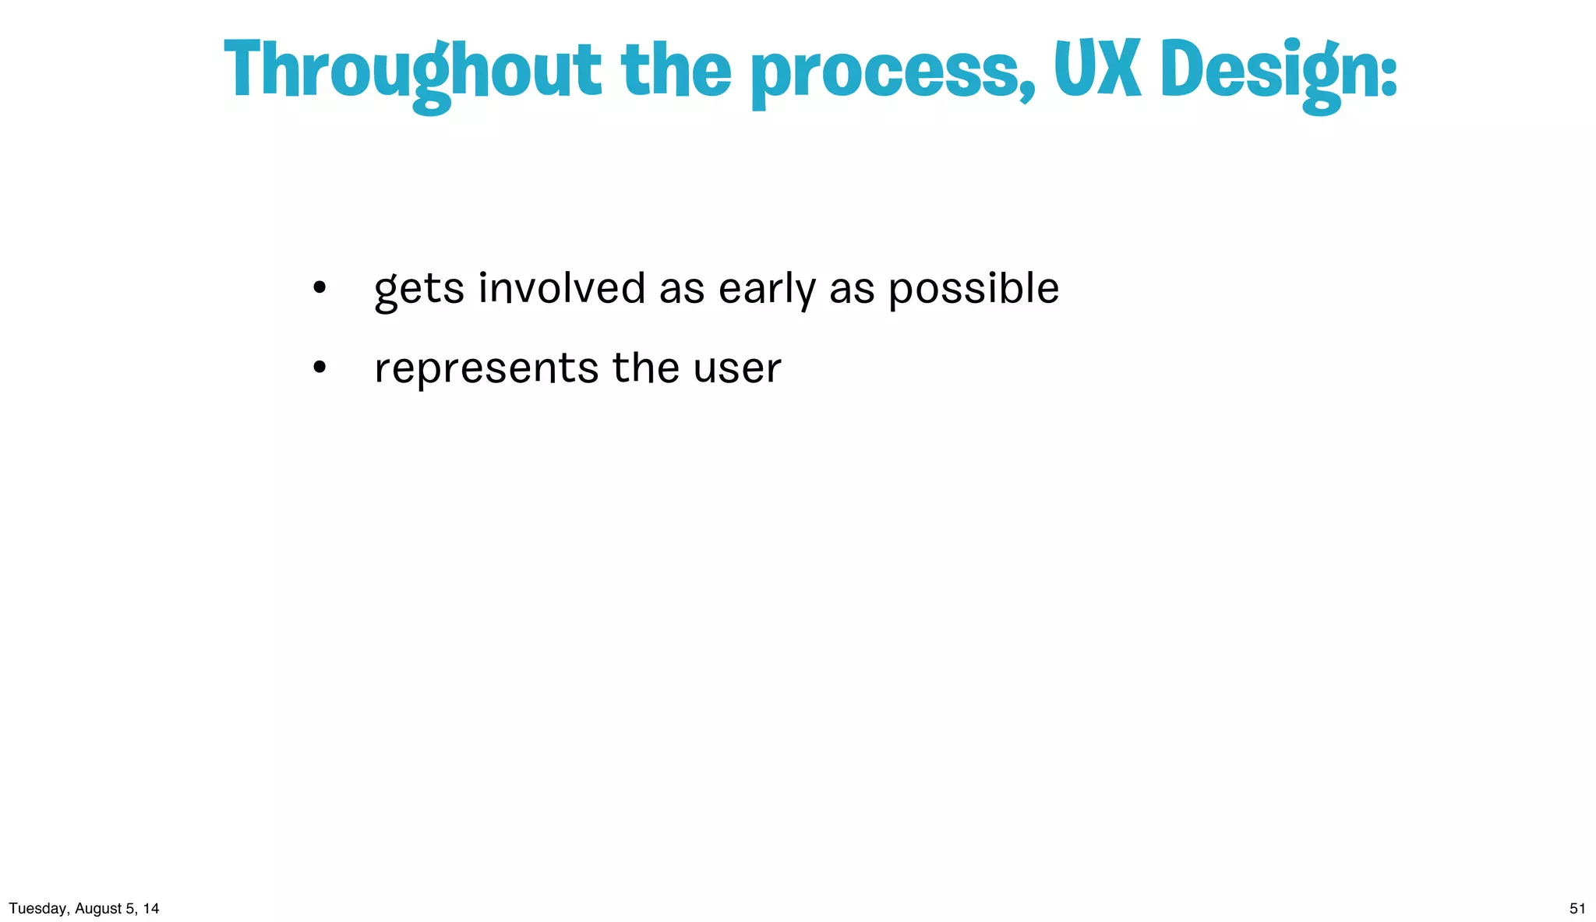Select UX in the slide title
pos(1097,69)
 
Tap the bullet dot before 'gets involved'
pos(319,289)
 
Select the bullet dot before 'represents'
pos(319,368)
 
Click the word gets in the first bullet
pos(419,290)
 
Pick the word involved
pos(562,288)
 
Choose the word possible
pos(973,290)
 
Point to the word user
pos(736,368)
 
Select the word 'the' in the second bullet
pos(645,368)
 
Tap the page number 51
pos(1577,909)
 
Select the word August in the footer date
pos(97,909)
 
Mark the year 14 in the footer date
pos(151,909)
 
